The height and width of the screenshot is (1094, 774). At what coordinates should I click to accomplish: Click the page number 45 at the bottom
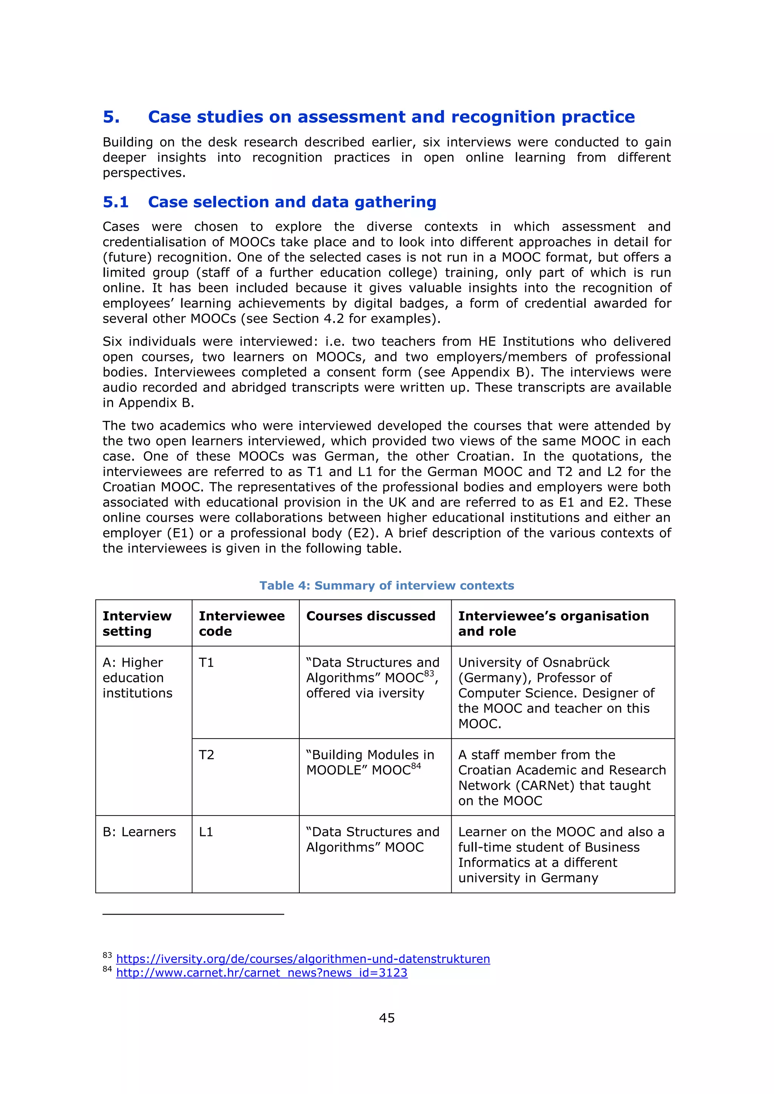click(x=387, y=1018)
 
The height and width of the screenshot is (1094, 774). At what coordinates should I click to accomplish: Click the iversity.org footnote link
click(x=303, y=959)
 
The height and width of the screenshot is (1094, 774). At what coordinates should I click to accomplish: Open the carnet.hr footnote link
click(x=262, y=972)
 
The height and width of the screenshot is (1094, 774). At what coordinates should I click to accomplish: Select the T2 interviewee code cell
click(x=206, y=755)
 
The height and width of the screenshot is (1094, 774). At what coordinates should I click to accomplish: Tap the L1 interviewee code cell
click(x=206, y=832)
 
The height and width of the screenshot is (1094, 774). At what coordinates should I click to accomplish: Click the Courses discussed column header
click(x=370, y=616)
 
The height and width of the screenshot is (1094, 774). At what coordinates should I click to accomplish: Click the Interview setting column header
click(x=137, y=623)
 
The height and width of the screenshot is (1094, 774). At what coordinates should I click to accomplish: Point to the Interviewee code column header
click(x=241, y=623)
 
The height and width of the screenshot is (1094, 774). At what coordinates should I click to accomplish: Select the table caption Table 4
click(x=387, y=586)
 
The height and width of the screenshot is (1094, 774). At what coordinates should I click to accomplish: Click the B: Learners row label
click(x=139, y=832)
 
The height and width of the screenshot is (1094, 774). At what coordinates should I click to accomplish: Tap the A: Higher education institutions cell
click(x=137, y=678)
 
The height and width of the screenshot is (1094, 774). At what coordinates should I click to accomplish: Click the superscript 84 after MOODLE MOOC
click(x=416, y=766)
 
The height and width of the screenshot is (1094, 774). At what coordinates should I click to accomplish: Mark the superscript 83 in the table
click(x=429, y=673)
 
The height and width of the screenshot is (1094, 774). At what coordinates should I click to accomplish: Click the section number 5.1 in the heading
click(x=116, y=202)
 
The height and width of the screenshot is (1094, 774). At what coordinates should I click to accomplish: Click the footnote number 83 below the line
click(x=107, y=955)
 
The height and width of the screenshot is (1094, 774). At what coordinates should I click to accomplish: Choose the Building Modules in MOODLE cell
click(x=370, y=762)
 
